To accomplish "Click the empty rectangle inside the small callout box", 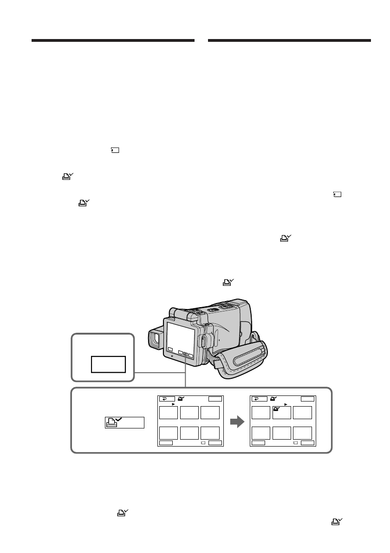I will coord(108,364).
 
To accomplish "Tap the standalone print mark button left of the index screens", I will coord(124,422).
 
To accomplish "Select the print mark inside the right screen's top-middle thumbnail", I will coord(277,409).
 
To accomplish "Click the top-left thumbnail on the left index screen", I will coord(168,412).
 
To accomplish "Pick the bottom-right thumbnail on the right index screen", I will coord(303,432).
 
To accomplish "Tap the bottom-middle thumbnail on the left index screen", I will coord(189,432).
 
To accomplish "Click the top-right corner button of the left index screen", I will coord(215,398).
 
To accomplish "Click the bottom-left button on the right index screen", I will coord(258,443).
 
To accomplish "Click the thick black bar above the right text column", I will coord(290,41).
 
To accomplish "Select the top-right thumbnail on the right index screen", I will coord(303,412).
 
